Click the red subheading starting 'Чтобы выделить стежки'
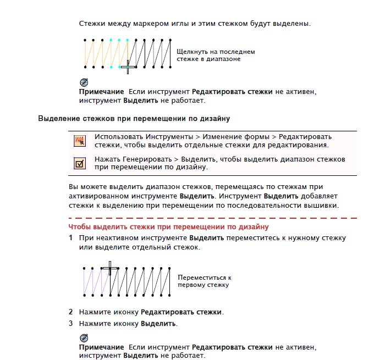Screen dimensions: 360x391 (x=168, y=226)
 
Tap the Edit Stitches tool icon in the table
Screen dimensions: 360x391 (x=80, y=141)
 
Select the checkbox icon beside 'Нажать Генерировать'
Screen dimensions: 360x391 (x=80, y=163)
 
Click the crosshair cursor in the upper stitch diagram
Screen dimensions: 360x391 (x=128, y=67)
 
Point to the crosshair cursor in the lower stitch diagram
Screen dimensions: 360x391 (x=110, y=268)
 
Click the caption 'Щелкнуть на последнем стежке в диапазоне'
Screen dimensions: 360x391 (x=216, y=55)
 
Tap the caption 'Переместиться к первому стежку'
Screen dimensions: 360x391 (x=204, y=281)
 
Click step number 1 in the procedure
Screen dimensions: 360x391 (x=70, y=238)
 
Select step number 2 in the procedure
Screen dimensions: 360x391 (x=70, y=312)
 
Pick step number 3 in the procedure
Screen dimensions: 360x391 (x=70, y=323)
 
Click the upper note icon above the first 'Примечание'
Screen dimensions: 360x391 (x=83, y=82)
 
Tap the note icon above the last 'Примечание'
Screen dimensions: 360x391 (x=83, y=337)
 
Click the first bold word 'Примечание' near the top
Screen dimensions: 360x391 (x=101, y=91)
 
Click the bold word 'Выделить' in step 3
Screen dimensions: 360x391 (x=158, y=323)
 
